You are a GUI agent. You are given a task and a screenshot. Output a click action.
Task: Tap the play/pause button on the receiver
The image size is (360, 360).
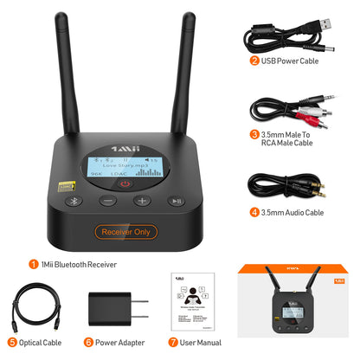pyautogui.click(x=174, y=202)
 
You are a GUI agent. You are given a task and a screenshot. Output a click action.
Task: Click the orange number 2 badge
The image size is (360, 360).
pyautogui.click(x=254, y=61)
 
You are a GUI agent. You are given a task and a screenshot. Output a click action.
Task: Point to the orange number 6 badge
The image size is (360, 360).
pyautogui.click(x=88, y=343)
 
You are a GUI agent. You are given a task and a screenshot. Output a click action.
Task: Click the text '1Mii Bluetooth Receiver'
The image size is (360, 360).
pyautogui.click(x=79, y=264)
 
